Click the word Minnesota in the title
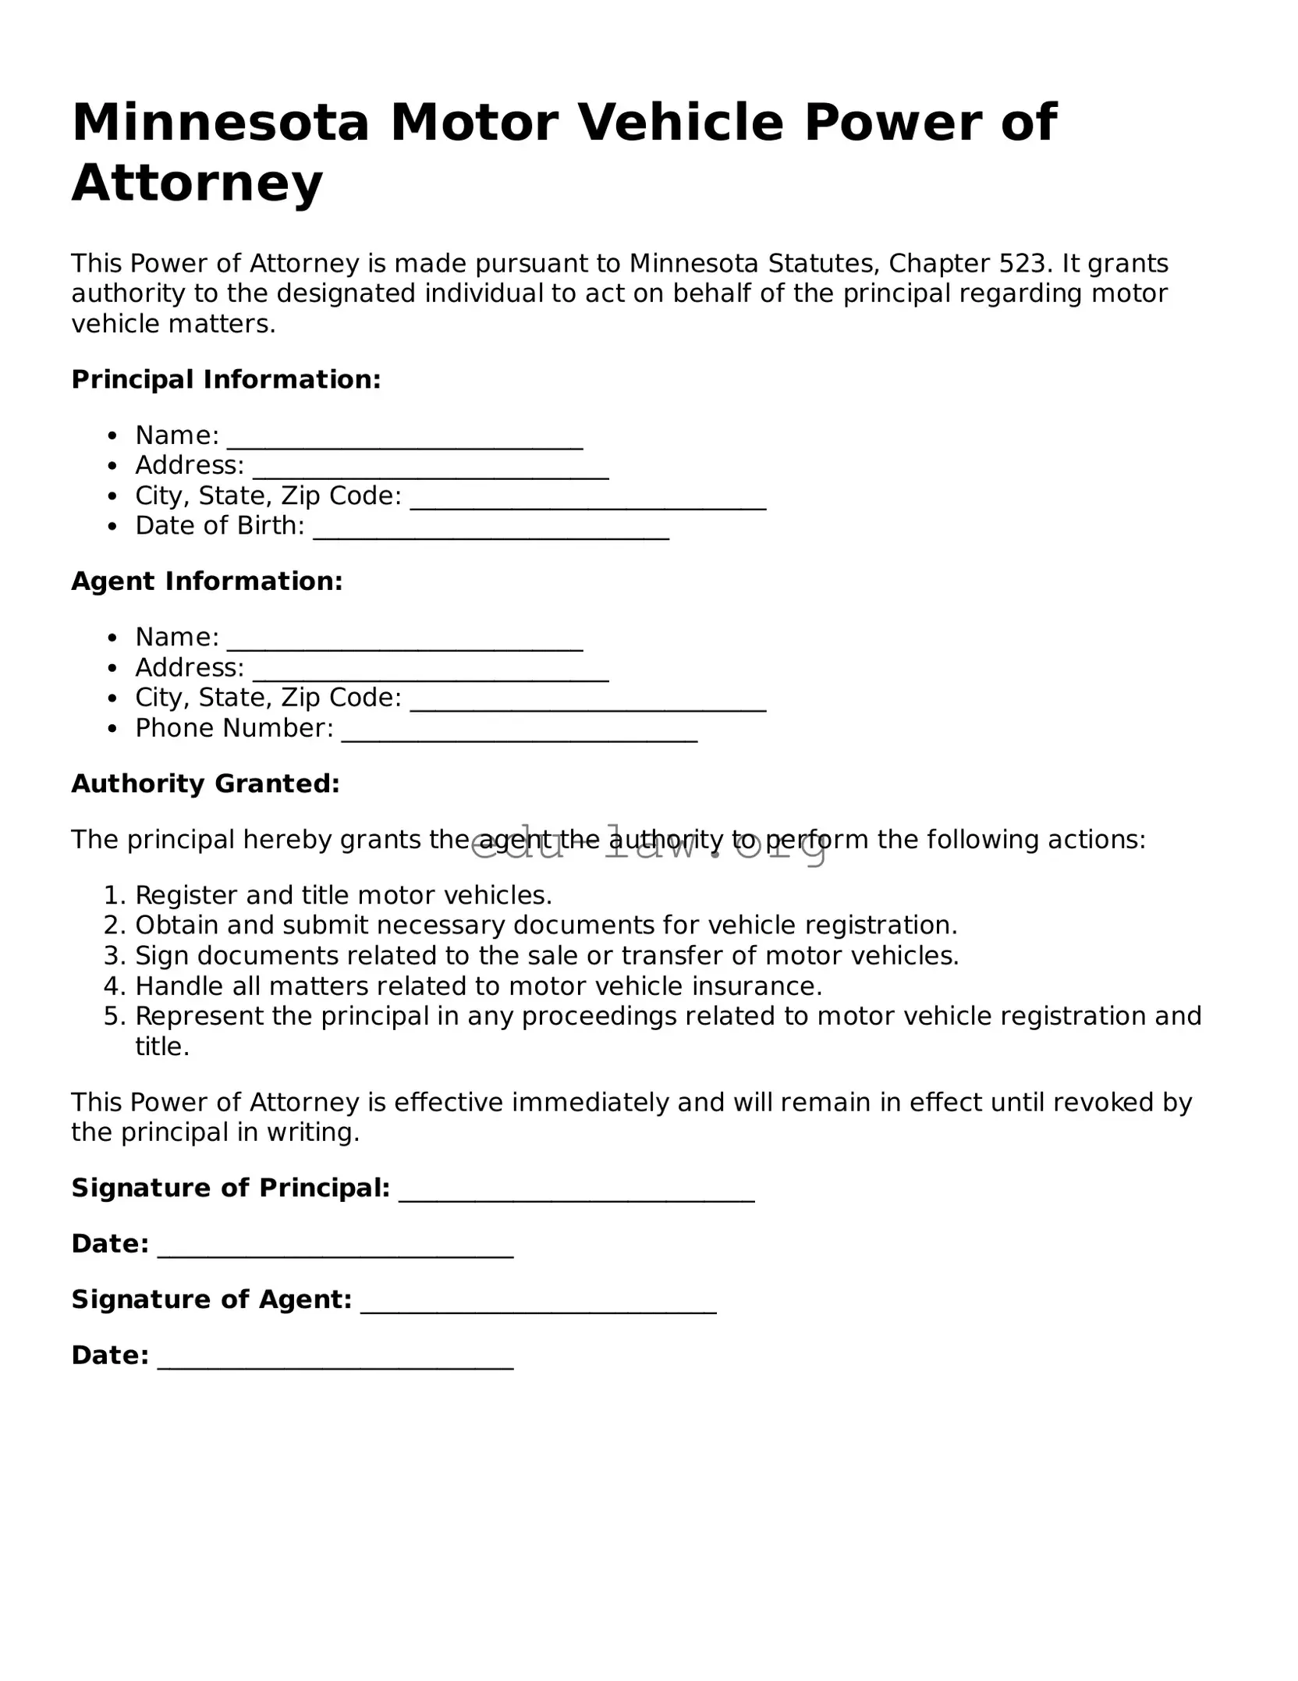[x=220, y=123]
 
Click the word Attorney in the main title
[x=197, y=183]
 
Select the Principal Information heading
[x=226, y=380]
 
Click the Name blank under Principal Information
[x=405, y=442]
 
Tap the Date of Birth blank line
[x=491, y=532]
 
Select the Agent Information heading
[x=207, y=581]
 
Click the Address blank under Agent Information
[x=431, y=674]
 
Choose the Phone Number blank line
[x=520, y=734]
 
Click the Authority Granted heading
[x=206, y=784]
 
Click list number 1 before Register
[x=114, y=895]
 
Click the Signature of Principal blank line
[x=576, y=1195]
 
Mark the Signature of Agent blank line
[x=538, y=1306]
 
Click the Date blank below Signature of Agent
[x=335, y=1361]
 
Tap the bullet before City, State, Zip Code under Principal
[x=114, y=497]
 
